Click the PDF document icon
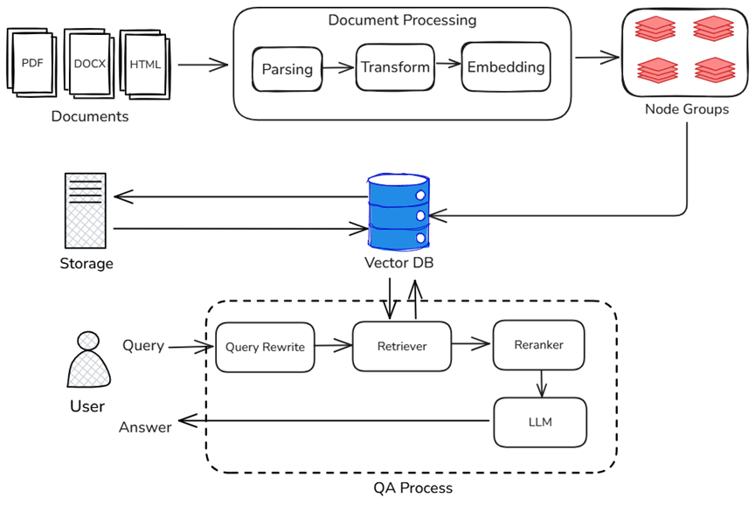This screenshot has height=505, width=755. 32,64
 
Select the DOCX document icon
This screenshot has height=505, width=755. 89,64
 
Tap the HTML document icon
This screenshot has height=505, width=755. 145,64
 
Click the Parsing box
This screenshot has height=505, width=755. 287,69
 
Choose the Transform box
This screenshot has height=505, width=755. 395,66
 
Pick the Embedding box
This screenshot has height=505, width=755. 505,66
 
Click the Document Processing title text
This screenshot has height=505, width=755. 402,19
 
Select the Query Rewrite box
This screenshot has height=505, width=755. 265,347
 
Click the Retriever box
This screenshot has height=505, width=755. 402,346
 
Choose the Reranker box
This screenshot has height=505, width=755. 538,344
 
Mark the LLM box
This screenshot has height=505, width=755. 540,422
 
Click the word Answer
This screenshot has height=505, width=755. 145,426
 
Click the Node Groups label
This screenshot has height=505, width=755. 686,109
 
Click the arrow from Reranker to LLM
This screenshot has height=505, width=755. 542,383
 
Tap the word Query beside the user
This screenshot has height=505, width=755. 143,345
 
